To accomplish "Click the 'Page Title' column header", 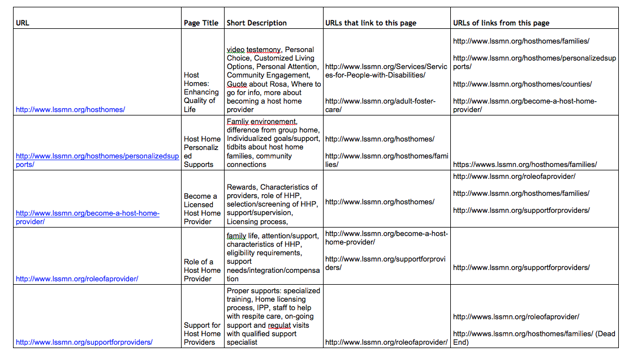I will pyautogui.click(x=201, y=23).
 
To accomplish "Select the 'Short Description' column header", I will pyautogui.click(x=256, y=23).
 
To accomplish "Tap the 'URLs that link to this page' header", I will pyautogui.click(x=371, y=23).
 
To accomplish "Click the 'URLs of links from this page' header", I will pyautogui.click(x=501, y=23).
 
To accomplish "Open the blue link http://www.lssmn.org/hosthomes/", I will pyautogui.click(x=70, y=109).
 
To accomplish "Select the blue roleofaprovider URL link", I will pyautogui.click(x=77, y=278).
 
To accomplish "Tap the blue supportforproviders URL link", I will pyautogui.click(x=84, y=342).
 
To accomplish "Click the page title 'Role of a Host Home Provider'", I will pyautogui.click(x=202, y=270).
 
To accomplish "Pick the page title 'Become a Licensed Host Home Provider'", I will pyautogui.click(x=202, y=209).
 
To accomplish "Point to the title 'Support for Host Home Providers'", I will pyautogui.click(x=202, y=333).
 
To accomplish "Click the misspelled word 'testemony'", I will pyautogui.click(x=263, y=50).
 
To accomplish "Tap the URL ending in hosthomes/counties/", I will pyautogui.click(x=522, y=84).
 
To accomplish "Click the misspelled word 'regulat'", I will pyautogui.click(x=279, y=325).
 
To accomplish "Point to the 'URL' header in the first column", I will pyautogui.click(x=23, y=23).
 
